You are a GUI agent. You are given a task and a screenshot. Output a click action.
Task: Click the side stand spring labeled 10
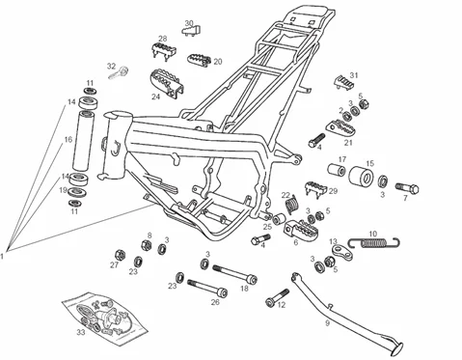coord(374,242)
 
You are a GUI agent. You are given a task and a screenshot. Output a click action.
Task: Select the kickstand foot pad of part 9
coord(396,349)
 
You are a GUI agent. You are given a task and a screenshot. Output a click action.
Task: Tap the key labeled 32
coord(119,72)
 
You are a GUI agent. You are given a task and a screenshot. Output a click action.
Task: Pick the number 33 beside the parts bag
coord(81,332)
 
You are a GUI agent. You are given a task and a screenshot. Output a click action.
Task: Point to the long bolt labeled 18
coord(234,273)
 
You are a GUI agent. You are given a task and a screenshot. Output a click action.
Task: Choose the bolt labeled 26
coord(207,288)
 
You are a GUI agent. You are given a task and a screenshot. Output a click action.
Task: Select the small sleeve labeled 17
coord(337,170)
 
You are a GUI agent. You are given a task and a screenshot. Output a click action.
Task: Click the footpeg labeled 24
coord(167,82)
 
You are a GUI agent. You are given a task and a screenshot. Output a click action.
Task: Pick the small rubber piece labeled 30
coord(192,31)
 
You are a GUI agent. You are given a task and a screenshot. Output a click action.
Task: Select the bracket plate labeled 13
coord(341,253)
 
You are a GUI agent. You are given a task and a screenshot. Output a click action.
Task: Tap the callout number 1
coord(2,257)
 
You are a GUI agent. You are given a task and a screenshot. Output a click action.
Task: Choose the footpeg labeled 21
coord(340,129)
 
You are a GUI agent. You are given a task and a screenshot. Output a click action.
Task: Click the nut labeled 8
coord(146,245)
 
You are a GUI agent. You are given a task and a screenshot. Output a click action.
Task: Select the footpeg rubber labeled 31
coord(344,82)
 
